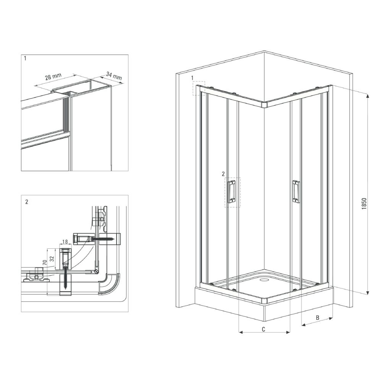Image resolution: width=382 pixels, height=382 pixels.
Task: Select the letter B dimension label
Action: [x=317, y=317]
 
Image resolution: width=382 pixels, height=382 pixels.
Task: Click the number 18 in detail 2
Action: [x=64, y=242]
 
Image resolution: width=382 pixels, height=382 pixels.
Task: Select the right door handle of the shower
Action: [x=295, y=191]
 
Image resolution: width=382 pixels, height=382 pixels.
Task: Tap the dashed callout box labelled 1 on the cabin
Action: [x=199, y=88]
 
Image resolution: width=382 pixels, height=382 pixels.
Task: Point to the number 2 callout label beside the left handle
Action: [x=223, y=174]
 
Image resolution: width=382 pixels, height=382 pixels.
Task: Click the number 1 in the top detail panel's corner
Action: [x=25, y=59]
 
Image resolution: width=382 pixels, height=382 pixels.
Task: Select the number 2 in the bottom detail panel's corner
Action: [x=26, y=202]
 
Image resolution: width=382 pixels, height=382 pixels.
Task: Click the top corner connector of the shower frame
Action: [x=264, y=104]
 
